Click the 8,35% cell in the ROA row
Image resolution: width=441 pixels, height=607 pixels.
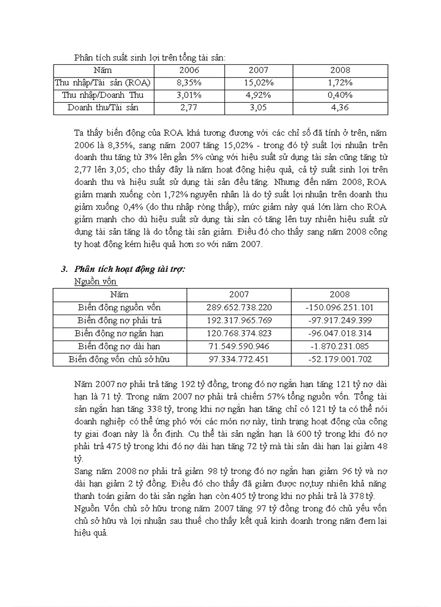point(189,83)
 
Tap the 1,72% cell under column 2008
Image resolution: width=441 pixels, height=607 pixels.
point(340,83)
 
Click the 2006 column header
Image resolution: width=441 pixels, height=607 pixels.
point(189,70)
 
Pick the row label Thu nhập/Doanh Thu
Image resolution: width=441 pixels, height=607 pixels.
point(103,95)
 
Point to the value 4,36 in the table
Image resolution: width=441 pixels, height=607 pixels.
point(340,108)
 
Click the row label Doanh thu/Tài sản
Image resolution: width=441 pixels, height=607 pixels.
point(103,108)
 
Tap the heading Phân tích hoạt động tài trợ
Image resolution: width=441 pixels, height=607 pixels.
point(130,269)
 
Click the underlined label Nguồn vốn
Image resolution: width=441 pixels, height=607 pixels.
point(95,282)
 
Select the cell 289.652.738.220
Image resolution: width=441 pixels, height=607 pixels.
point(239,308)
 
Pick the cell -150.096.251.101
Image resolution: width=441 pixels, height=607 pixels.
point(339,308)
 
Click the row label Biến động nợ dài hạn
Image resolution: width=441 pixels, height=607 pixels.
point(119,346)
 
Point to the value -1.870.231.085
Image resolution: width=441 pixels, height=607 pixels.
point(339,346)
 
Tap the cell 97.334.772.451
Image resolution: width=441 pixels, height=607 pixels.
point(239,359)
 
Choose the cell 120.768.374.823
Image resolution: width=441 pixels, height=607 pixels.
point(239,333)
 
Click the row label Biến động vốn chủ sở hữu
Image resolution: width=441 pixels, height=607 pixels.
point(119,359)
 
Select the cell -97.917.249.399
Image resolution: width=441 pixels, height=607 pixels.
point(339,321)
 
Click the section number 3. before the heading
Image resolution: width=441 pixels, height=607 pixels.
point(64,269)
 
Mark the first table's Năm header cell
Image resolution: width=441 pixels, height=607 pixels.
point(103,70)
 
